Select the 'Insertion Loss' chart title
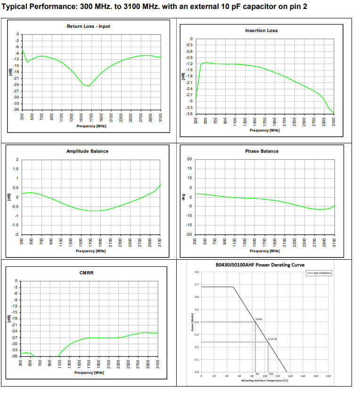262,31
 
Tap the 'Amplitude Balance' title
87,151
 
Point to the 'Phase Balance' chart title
262,151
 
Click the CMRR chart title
86,272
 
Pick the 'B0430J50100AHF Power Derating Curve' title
260,265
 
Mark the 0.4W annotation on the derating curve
259,319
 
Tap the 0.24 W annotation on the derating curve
272,339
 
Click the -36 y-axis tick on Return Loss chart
17,110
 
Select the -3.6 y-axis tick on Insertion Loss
189,114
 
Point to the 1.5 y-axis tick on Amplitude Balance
17,169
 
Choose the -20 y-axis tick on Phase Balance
188,234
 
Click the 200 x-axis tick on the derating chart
328,376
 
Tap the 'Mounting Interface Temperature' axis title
264,380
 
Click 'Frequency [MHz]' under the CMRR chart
90,372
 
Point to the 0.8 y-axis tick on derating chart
196,272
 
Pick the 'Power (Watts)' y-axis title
192,322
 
